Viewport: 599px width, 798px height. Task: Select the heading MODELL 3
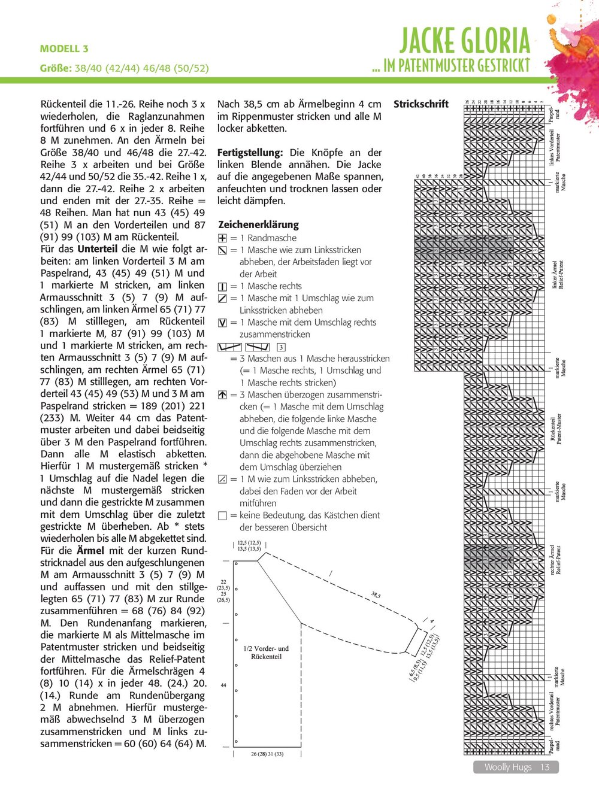(64, 48)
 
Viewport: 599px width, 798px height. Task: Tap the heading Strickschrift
(420, 104)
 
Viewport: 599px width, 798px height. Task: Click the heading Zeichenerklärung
(258, 224)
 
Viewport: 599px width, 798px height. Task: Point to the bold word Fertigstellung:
(250, 153)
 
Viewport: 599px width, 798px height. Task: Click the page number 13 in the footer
(544, 767)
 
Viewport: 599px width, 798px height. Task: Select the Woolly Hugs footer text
(507, 767)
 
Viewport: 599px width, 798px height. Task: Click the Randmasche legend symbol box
(223, 238)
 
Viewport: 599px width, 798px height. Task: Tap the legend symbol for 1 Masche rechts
(223, 287)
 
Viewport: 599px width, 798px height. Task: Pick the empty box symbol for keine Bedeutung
(223, 515)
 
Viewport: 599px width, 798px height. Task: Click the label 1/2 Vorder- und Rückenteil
(266, 652)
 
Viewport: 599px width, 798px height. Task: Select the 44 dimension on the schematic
(223, 685)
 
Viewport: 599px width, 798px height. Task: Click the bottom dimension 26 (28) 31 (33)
(267, 754)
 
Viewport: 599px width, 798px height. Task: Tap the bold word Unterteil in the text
(98, 249)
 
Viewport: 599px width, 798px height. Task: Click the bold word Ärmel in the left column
(90, 551)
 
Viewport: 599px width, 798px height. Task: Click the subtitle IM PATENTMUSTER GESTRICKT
(450, 65)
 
